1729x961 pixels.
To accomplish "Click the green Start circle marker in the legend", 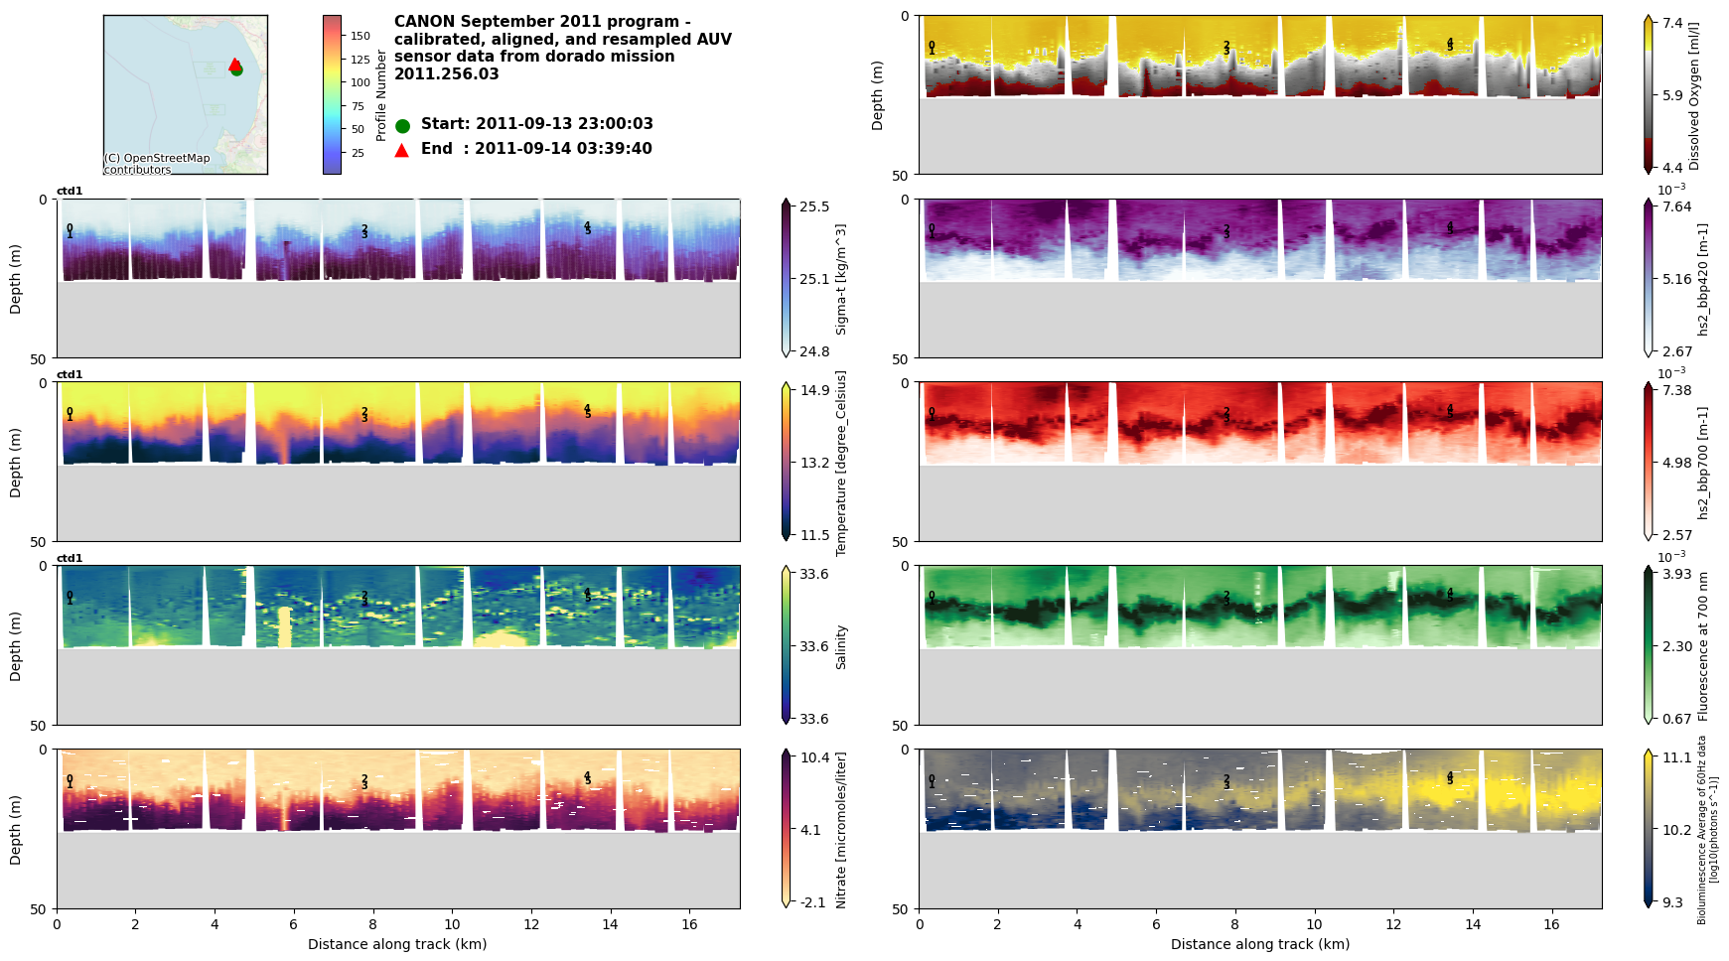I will (x=402, y=126).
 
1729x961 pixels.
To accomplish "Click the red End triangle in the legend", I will (x=402, y=150).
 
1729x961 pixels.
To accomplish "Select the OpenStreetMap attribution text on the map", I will (x=157, y=164).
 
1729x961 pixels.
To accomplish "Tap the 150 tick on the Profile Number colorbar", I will (x=360, y=36).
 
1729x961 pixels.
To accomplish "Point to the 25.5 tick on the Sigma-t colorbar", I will (x=814, y=206).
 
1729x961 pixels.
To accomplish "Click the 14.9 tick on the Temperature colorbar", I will (x=814, y=390).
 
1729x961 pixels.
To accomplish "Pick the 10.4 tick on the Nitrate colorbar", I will (x=814, y=757).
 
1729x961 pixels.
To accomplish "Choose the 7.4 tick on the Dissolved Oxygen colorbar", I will (x=1673, y=23).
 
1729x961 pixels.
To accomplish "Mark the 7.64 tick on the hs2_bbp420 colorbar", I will (x=1677, y=206).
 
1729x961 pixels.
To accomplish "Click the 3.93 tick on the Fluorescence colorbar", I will (x=1677, y=574).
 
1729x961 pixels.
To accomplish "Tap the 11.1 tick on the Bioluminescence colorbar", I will (x=1677, y=757).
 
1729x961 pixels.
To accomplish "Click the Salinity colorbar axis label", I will (x=841, y=647).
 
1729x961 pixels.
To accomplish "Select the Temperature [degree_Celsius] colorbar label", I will (x=841, y=463).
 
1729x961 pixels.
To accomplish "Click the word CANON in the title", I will (x=423, y=22).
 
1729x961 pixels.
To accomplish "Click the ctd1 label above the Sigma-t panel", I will (x=70, y=192).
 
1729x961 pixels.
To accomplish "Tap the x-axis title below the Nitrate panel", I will (x=397, y=944).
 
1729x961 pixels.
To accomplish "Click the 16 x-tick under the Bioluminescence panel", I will (x=1551, y=924).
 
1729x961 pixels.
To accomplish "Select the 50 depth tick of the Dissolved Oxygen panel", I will (x=904, y=175).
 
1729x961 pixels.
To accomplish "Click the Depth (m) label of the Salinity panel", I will (x=16, y=645).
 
